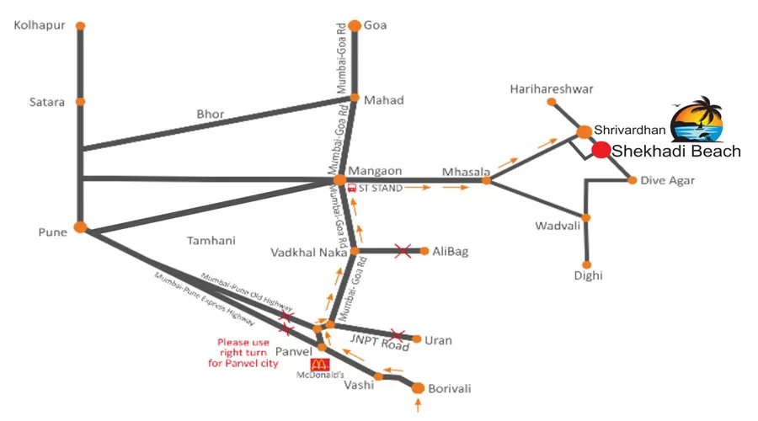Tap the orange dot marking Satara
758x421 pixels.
click(x=81, y=102)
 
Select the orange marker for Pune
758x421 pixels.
click(x=81, y=227)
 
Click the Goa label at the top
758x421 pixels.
click(x=375, y=25)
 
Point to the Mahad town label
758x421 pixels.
click(x=383, y=100)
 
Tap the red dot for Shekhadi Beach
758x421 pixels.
click(x=601, y=150)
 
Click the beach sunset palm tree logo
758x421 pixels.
click(x=697, y=120)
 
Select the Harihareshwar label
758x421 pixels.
click(x=552, y=88)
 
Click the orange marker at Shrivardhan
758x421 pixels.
click(x=584, y=131)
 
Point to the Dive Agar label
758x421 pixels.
click(x=666, y=180)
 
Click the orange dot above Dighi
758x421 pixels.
click(x=586, y=264)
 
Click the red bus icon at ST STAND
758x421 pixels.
click(x=352, y=188)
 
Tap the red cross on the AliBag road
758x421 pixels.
click(x=403, y=250)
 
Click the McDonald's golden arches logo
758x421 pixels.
click(x=318, y=365)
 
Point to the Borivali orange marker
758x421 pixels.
click(x=418, y=388)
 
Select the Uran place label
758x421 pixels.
click(x=438, y=340)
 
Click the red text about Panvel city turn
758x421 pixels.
click(x=243, y=353)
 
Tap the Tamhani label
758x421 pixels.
click(x=211, y=241)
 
